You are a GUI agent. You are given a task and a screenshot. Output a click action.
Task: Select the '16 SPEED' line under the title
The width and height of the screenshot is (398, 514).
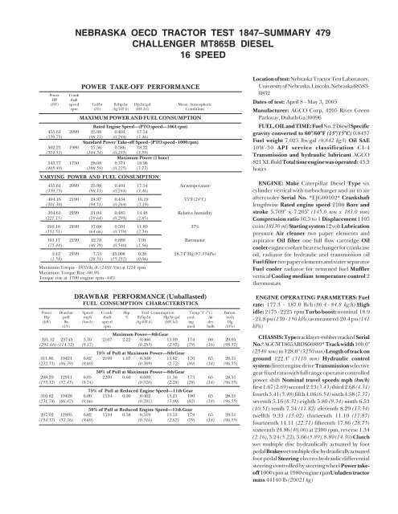[x=198, y=40]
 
